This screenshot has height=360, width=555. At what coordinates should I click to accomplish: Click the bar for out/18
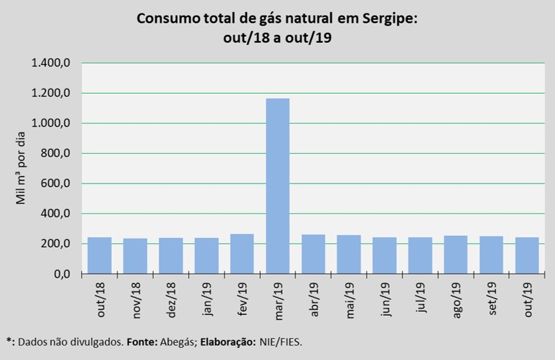99,256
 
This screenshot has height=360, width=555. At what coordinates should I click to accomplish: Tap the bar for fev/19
242,254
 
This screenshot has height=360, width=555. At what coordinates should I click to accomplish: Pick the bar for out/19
527,256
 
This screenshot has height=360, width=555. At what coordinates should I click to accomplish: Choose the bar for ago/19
456,254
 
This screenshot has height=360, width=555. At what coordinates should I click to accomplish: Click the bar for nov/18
135,256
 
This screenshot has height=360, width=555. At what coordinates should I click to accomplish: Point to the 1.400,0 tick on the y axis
54,63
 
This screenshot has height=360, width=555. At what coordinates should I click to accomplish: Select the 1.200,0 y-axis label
54,94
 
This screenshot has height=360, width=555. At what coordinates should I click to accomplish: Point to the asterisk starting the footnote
9,341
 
